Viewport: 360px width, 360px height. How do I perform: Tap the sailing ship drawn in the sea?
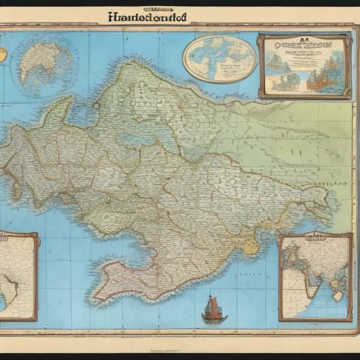(214, 310)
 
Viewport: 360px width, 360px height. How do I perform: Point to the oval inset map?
(219, 58)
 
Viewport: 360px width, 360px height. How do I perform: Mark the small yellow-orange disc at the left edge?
(3, 53)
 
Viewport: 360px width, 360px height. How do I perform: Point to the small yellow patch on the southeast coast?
(250, 246)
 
